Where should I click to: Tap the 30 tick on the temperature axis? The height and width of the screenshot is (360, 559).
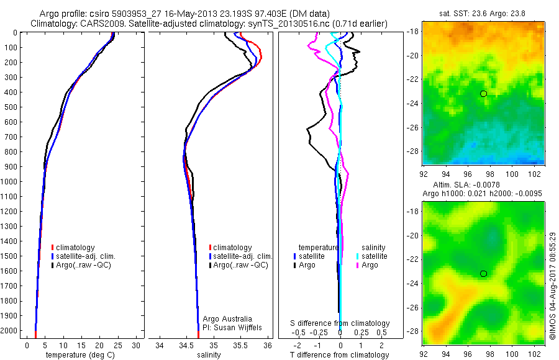(x=137, y=345)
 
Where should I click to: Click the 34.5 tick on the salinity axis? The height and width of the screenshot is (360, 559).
(x=186, y=345)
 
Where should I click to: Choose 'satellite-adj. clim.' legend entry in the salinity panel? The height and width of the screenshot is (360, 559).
(x=243, y=256)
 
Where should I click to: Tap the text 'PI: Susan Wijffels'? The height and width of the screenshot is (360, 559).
(x=232, y=328)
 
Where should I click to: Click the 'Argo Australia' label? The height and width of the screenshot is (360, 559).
(x=228, y=319)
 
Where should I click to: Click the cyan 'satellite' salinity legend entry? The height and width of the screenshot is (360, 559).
(x=373, y=256)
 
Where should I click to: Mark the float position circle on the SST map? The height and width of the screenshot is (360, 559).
(x=483, y=94)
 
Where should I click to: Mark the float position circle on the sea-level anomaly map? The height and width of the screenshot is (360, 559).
(x=483, y=274)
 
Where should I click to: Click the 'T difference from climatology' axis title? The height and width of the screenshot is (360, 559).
(x=340, y=355)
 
